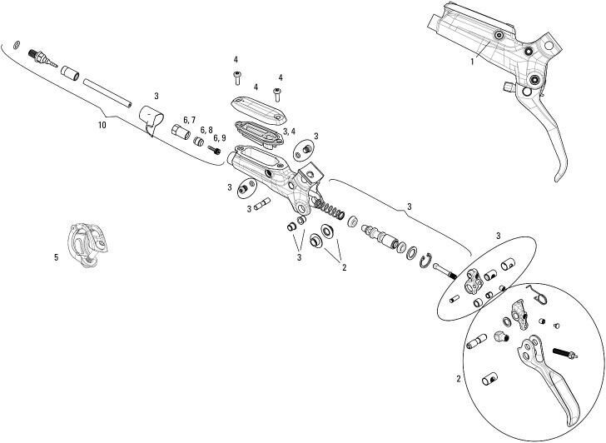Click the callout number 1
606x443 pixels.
coord(471,61)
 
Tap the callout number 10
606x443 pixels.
coord(102,125)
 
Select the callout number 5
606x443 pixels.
coord(56,257)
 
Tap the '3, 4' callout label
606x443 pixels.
coord(288,132)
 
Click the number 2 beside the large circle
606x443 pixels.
coord(458,379)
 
